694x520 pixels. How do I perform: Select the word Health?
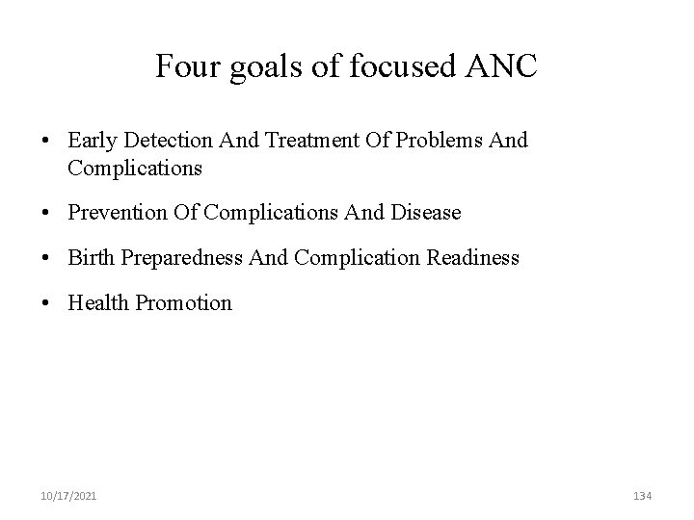click(99, 302)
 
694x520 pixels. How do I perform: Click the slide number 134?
click(642, 496)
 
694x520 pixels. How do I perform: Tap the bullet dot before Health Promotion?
click(46, 303)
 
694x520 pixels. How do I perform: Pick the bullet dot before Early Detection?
click(46, 141)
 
